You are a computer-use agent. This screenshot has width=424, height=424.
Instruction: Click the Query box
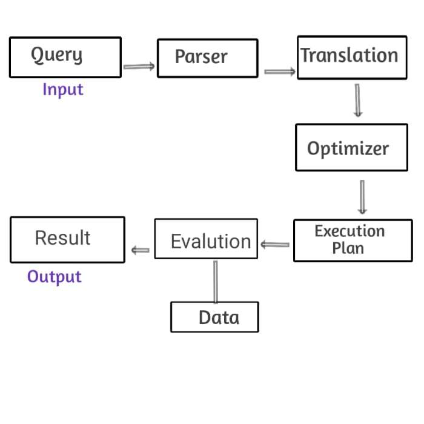pyautogui.click(x=65, y=58)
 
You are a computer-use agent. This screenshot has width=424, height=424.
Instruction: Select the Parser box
pyautogui.click(x=207, y=58)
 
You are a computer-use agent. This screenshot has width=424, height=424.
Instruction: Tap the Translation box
pyautogui.click(x=351, y=57)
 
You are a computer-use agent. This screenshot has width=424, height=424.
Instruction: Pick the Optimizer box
pyautogui.click(x=351, y=147)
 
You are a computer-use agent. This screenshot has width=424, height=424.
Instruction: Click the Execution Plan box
pyautogui.click(x=353, y=240)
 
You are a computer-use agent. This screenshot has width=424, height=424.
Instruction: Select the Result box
pyautogui.click(x=67, y=239)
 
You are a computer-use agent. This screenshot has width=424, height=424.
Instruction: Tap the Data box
pyautogui.click(x=214, y=317)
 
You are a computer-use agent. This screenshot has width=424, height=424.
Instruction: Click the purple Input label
pyautogui.click(x=62, y=90)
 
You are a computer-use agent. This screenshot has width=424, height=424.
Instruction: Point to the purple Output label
pyautogui.click(x=55, y=277)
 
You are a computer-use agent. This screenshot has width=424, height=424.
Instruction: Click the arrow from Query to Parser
pyautogui.click(x=139, y=67)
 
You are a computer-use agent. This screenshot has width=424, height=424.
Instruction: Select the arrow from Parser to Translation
pyautogui.click(x=280, y=72)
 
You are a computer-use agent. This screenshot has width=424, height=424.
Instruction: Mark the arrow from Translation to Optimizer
pyautogui.click(x=357, y=100)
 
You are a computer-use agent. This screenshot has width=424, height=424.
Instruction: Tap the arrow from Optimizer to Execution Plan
pyautogui.click(x=362, y=197)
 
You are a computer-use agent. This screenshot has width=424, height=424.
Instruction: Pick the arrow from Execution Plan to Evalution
pyautogui.click(x=275, y=245)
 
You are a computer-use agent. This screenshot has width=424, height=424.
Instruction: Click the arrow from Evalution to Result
pyautogui.click(x=141, y=250)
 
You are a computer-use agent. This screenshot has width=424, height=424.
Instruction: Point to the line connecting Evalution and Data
pyautogui.click(x=215, y=281)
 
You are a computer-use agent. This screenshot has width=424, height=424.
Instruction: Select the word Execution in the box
pyautogui.click(x=349, y=231)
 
